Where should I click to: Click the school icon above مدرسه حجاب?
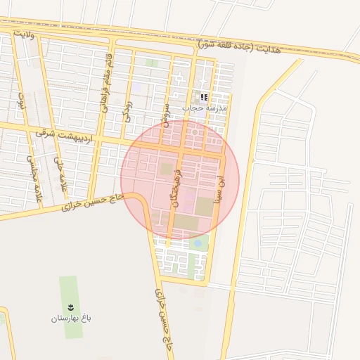click(204, 98)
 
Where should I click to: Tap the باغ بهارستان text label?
click(71, 319)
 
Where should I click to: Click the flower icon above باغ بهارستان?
click(70, 307)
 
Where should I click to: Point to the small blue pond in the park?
click(198, 243)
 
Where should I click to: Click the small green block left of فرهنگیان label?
click(166, 169)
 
